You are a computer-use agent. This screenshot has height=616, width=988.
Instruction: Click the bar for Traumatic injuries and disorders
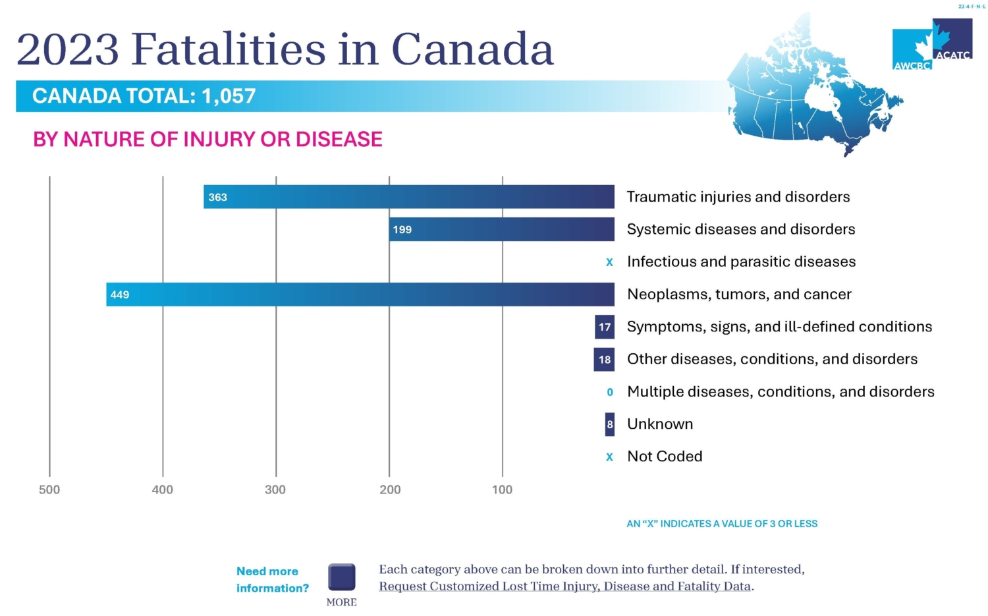pyautogui.click(x=408, y=197)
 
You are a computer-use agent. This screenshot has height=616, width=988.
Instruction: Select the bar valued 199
pyautogui.click(x=501, y=229)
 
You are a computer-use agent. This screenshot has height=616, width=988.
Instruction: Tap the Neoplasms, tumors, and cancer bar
pyautogui.click(x=360, y=294)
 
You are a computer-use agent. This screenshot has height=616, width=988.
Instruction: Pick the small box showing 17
pyautogui.click(x=605, y=327)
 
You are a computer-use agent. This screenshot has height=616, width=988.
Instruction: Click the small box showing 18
pyautogui.click(x=605, y=360)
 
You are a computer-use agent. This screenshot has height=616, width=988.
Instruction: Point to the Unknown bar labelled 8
pyautogui.click(x=610, y=424)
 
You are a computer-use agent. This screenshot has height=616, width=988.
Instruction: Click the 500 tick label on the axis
pyautogui.click(x=49, y=490)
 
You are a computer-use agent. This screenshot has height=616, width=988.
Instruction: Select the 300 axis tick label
pyautogui.click(x=275, y=490)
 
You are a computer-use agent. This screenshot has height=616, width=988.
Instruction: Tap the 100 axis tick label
pyautogui.click(x=502, y=490)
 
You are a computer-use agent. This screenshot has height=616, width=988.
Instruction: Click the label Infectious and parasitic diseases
pyautogui.click(x=741, y=262)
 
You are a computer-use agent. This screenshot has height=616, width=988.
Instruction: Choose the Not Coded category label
pyautogui.click(x=665, y=457)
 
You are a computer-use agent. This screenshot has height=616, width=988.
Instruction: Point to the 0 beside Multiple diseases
pyautogui.click(x=610, y=392)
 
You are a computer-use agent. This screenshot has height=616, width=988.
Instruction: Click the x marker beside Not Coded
pyautogui.click(x=609, y=457)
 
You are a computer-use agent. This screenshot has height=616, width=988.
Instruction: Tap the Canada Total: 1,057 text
pyautogui.click(x=144, y=96)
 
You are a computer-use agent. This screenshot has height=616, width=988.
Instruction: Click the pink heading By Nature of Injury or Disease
pyautogui.click(x=207, y=140)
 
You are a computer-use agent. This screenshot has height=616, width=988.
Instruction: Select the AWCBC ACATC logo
pyautogui.click(x=932, y=44)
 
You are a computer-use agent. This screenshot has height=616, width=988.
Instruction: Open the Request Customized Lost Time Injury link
pyautogui.click(x=565, y=586)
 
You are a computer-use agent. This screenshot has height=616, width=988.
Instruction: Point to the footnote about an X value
pyautogui.click(x=722, y=524)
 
